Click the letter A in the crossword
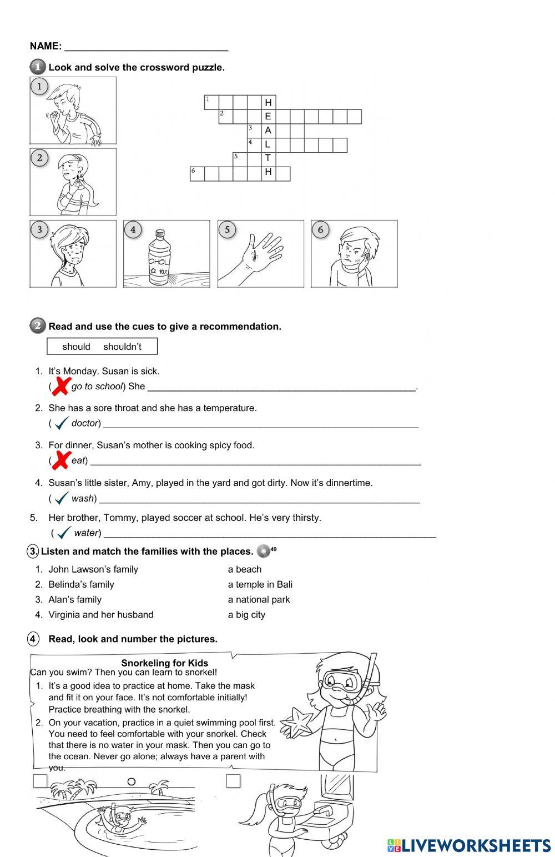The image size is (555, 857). (268, 131)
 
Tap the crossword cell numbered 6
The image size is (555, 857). (197, 173)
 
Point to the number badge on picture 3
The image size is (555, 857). (39, 229)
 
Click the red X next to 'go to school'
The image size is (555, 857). (62, 385)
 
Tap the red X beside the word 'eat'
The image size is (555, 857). (62, 460)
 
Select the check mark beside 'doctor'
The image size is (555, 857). (62, 423)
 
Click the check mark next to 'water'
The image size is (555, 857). (64, 533)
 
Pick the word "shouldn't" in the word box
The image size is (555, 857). (122, 347)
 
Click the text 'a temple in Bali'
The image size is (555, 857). (260, 584)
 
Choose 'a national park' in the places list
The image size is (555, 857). (259, 599)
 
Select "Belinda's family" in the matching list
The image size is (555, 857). (81, 584)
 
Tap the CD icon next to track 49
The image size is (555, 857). (264, 552)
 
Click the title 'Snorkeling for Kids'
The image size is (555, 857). (165, 663)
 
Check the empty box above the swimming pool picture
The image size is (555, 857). (40, 781)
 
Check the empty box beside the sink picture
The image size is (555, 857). (233, 781)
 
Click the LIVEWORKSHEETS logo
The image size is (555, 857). (469, 845)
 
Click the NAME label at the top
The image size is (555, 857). (46, 46)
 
